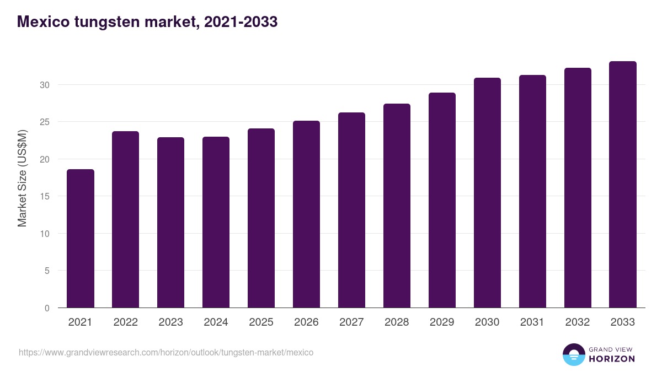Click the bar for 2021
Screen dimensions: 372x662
81,239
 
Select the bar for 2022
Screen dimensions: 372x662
126,219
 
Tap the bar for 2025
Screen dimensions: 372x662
261,218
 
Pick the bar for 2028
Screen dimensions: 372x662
397,206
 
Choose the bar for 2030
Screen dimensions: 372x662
488,193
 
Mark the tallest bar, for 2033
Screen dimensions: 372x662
623,185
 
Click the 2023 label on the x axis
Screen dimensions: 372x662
171,322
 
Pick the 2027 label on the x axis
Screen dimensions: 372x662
352,322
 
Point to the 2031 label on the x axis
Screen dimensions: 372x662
533,322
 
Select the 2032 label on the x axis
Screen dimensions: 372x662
578,322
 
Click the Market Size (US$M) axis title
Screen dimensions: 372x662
23,178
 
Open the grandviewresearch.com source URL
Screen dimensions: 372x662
166,352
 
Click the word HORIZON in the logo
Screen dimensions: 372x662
612,359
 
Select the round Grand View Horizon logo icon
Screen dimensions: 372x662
574,354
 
